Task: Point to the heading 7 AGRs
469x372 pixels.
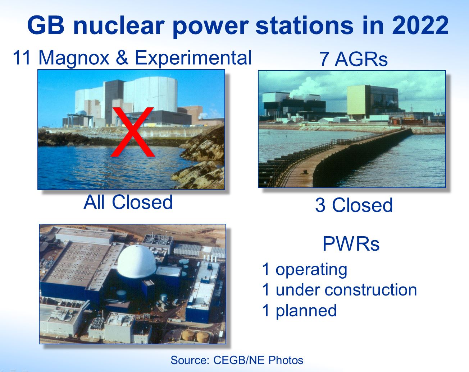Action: point(353,59)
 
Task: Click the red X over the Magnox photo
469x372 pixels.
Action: point(132,132)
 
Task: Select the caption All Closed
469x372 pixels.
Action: point(128,202)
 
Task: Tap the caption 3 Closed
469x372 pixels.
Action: point(354,205)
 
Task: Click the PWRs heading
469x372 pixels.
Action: point(351,244)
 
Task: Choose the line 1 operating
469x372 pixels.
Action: point(304,269)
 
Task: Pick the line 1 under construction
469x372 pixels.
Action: point(339,289)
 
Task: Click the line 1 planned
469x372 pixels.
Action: point(299,310)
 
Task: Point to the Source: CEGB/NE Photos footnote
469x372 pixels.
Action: point(237,360)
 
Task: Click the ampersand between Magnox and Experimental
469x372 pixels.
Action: point(122,57)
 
